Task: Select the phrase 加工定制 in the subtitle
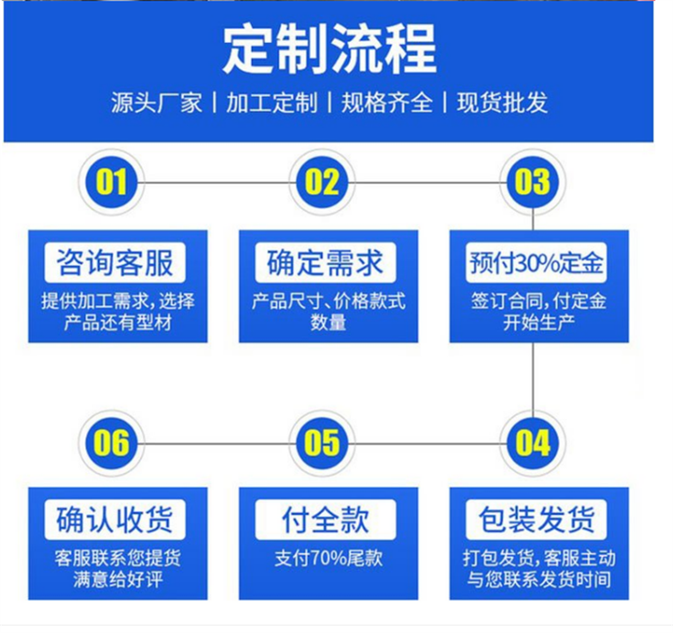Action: tap(271, 102)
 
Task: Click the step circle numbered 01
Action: tap(112, 182)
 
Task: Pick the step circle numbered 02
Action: tap(323, 182)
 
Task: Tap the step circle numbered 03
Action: tap(533, 182)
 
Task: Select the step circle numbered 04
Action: tap(533, 443)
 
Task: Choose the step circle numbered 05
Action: tap(323, 443)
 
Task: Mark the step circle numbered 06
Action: tap(112, 443)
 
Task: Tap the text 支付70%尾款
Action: tap(328, 558)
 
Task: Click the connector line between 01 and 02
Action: tap(217, 182)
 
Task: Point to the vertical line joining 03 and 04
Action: tap(534, 377)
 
